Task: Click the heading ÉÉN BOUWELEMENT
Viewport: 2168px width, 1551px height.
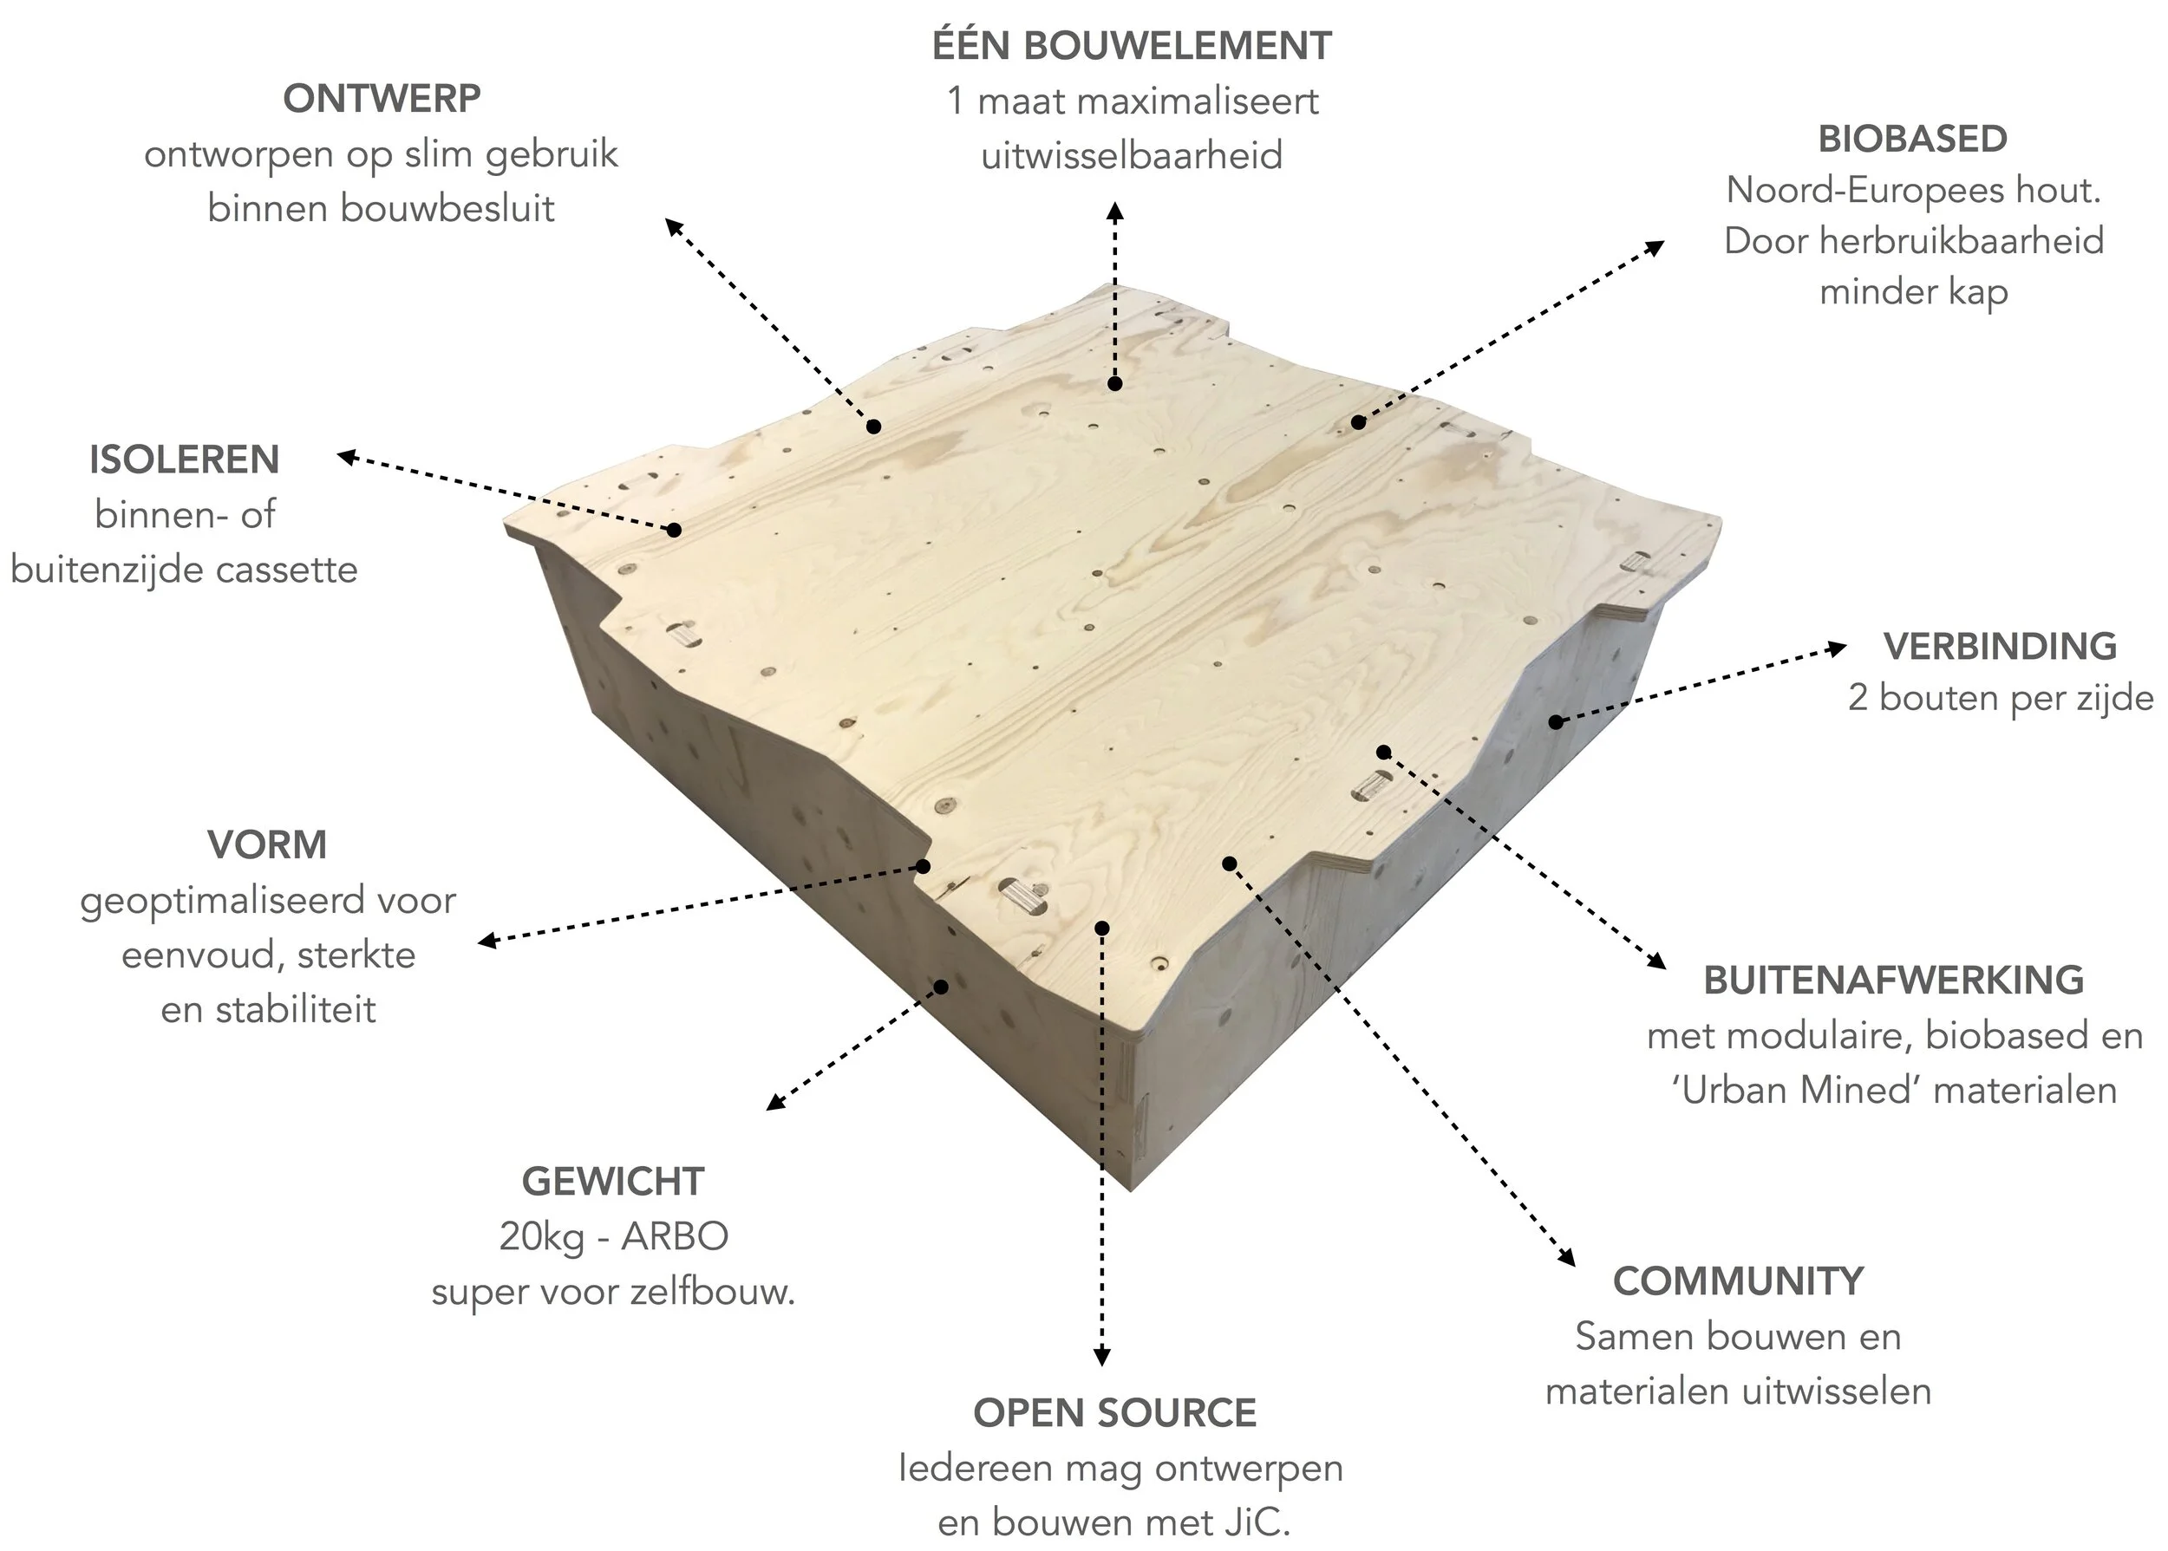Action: click(x=1132, y=46)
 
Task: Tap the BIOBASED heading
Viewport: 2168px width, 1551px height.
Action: click(x=1912, y=140)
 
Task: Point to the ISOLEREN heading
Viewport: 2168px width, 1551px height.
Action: click(x=185, y=460)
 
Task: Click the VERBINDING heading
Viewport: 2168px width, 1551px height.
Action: click(x=2000, y=647)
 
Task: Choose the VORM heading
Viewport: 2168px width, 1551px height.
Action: click(x=267, y=845)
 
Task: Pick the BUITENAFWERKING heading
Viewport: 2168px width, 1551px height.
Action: click(x=1894, y=981)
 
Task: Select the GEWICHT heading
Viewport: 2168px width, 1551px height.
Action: click(x=613, y=1183)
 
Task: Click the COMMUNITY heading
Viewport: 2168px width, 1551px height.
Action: click(x=1738, y=1281)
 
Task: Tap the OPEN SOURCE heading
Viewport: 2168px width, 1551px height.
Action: click(x=1114, y=1413)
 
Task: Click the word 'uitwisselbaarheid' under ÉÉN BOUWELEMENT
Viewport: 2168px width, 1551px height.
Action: click(x=1132, y=156)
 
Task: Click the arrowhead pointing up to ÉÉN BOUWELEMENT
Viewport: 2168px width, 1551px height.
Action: click(x=1114, y=211)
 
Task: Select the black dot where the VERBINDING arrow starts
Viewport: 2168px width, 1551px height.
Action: click(x=1555, y=722)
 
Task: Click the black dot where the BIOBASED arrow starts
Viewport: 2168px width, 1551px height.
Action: click(x=1358, y=422)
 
